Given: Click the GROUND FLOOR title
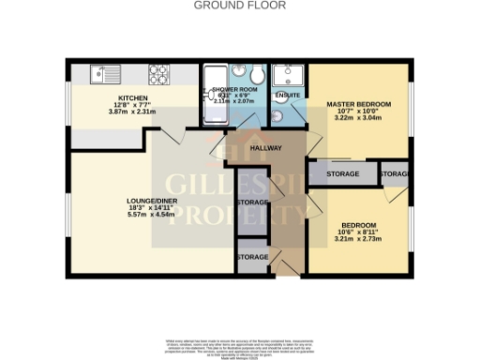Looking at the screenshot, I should coord(239,5).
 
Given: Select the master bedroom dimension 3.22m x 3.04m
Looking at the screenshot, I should coord(357,121).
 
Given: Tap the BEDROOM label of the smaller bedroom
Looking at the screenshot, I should coord(357,226).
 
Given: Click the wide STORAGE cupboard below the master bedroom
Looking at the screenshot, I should coord(343,174).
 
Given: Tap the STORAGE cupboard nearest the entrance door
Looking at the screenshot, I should coord(252,257).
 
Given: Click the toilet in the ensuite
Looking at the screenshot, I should coord(279,115).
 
